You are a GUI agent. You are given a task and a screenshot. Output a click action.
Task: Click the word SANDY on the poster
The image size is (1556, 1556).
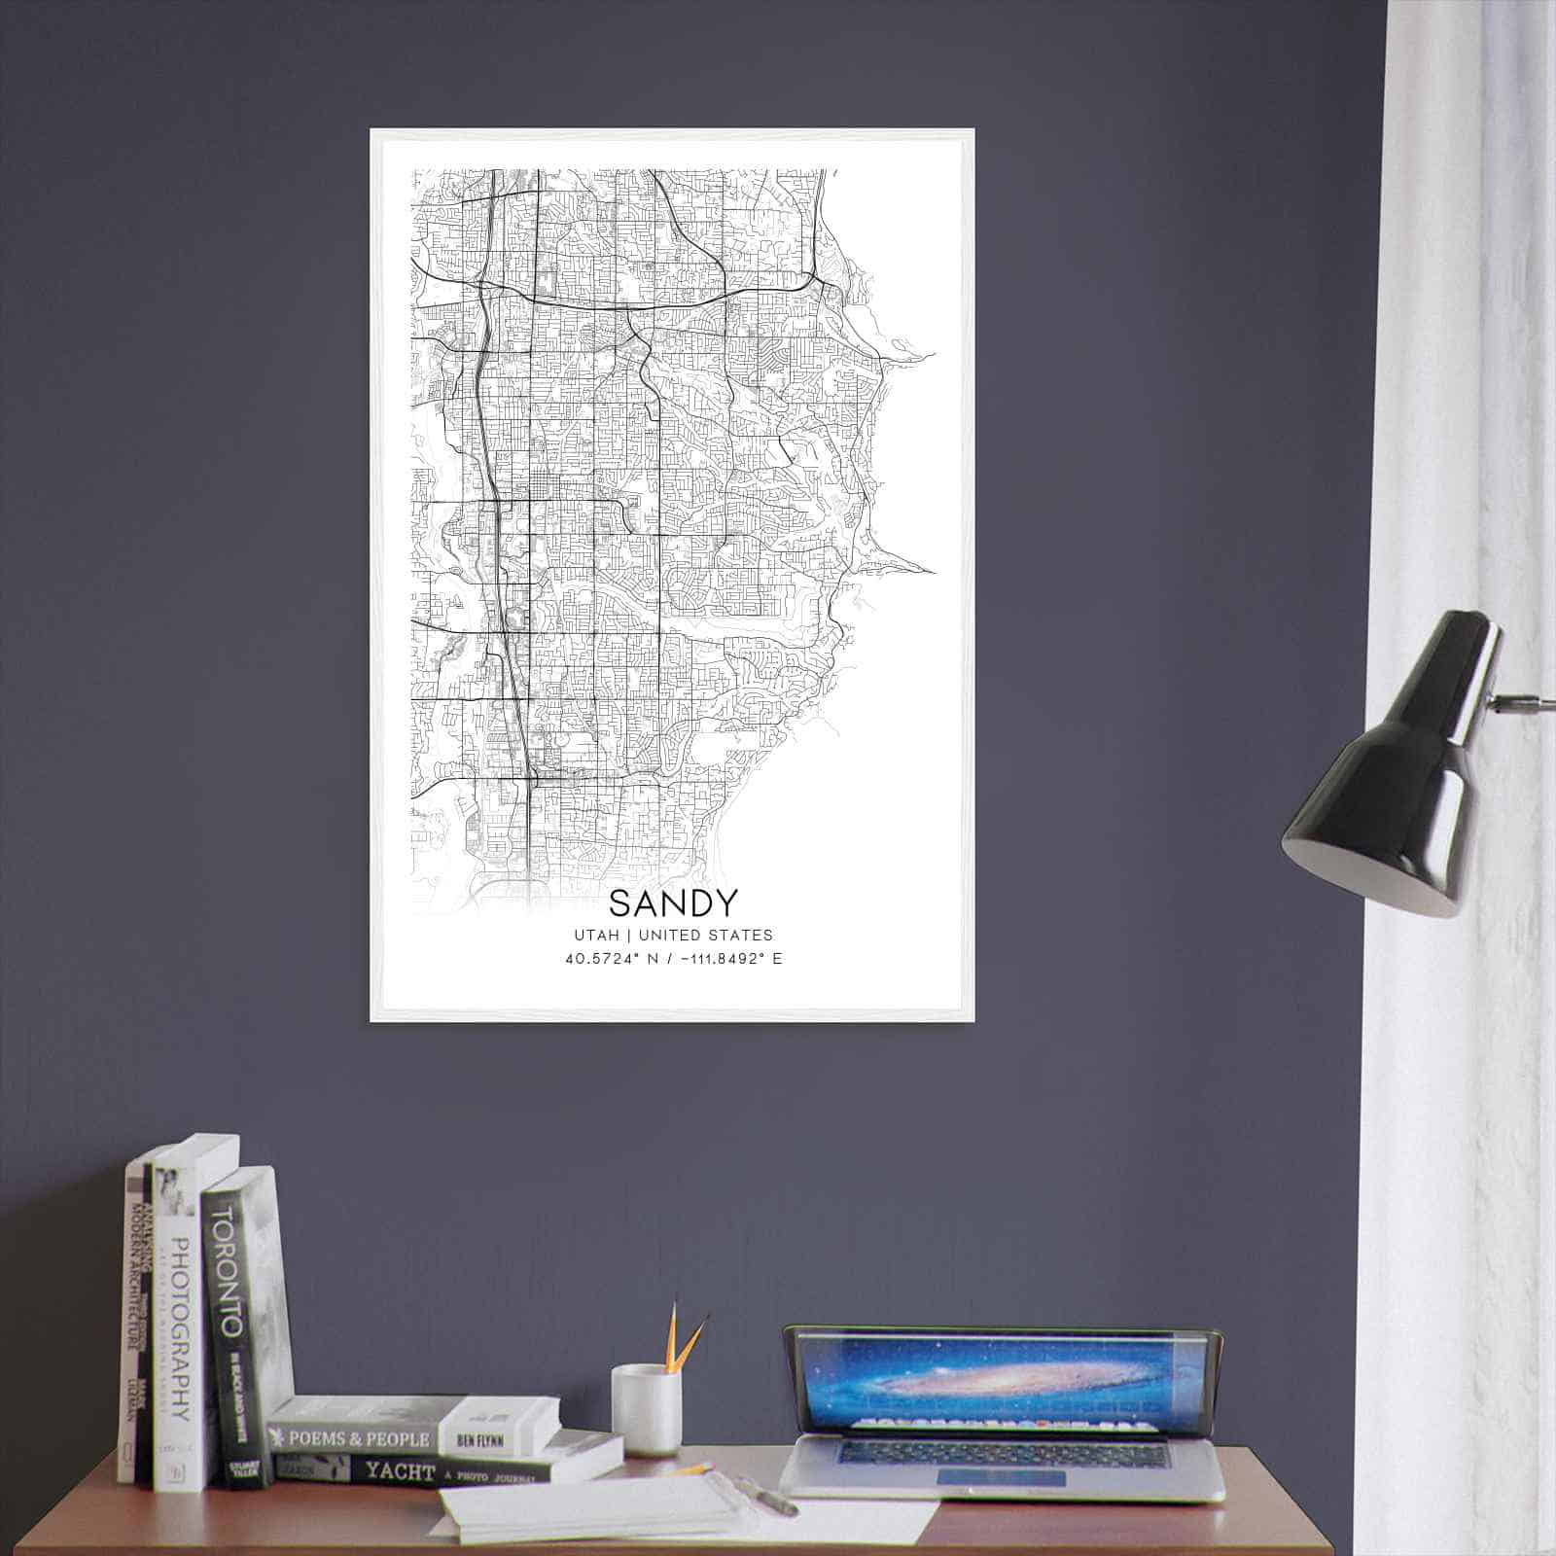tap(673, 902)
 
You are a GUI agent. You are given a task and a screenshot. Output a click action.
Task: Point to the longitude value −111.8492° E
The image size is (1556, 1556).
tap(730, 959)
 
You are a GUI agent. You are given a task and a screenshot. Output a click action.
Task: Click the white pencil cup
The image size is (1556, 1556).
tap(645, 1409)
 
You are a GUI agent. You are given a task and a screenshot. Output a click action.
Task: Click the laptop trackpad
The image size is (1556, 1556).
tap(1002, 1478)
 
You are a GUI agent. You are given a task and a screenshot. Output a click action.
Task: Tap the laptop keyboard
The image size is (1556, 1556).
tap(1002, 1454)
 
